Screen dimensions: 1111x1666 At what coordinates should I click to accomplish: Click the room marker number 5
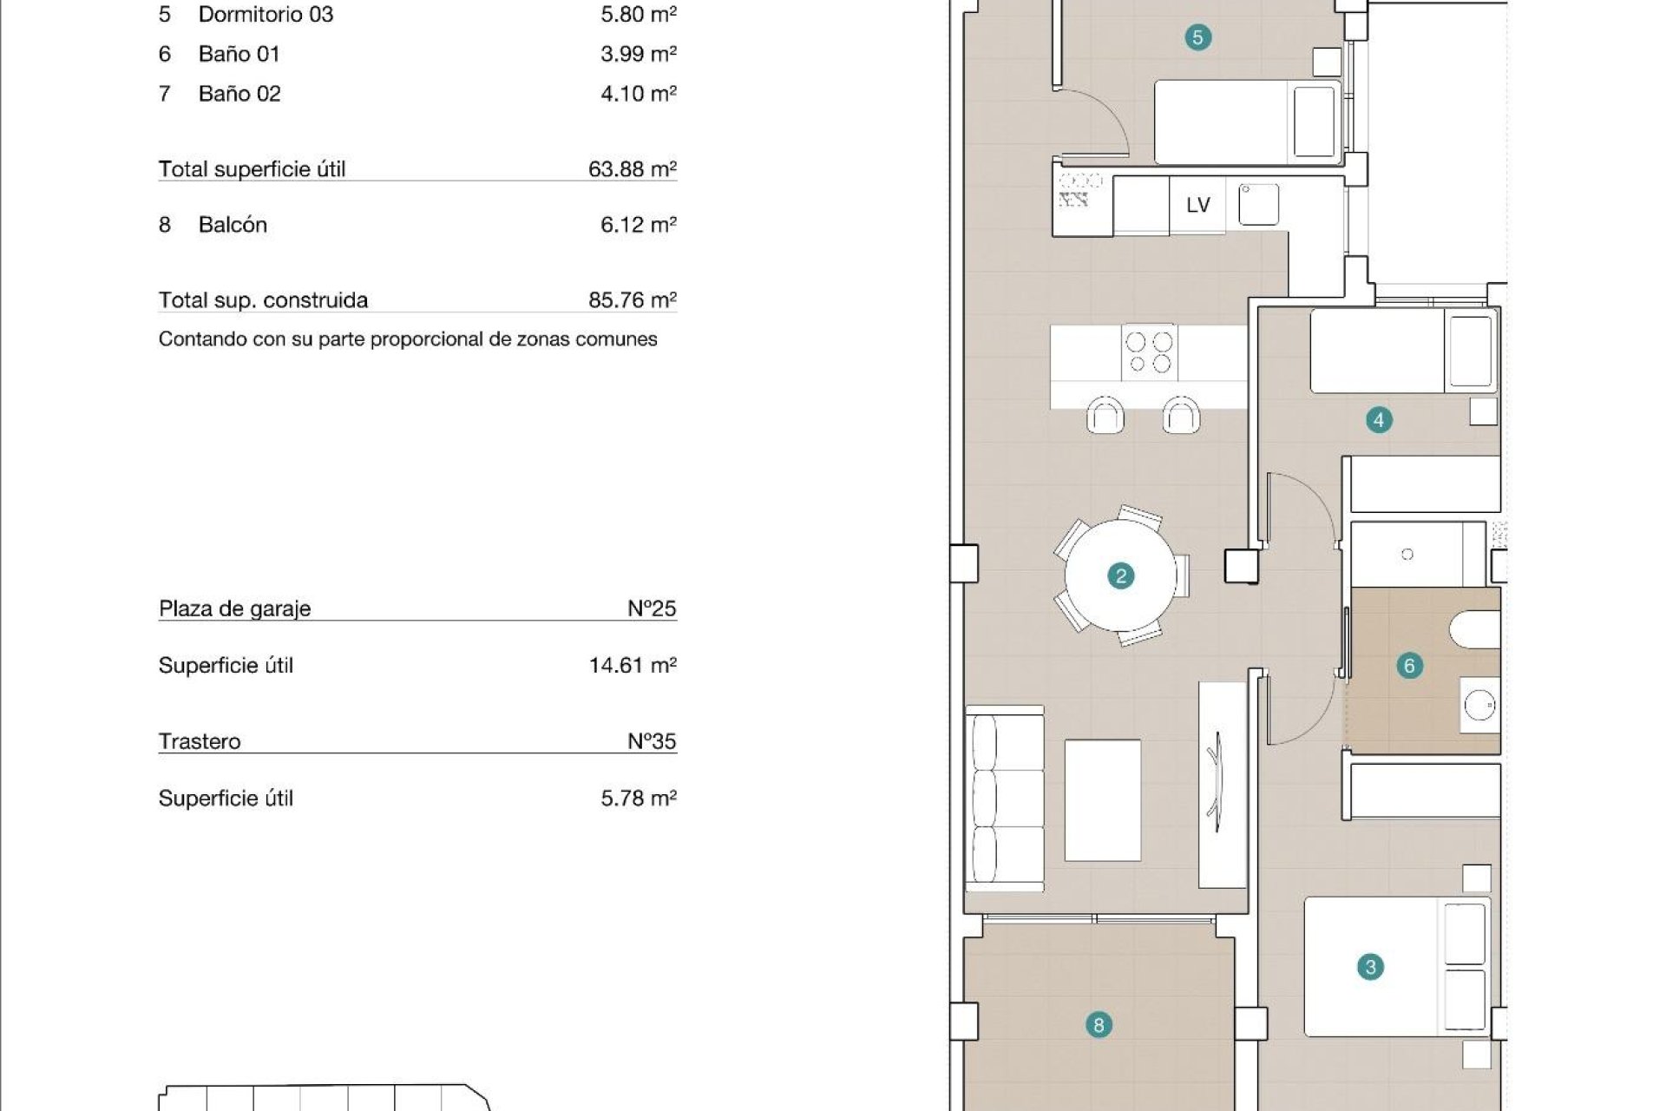(x=1197, y=37)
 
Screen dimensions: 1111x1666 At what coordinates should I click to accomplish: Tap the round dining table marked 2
(x=1120, y=576)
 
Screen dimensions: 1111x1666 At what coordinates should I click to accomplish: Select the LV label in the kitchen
(x=1197, y=205)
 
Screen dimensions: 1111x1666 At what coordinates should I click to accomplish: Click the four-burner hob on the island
(x=1149, y=352)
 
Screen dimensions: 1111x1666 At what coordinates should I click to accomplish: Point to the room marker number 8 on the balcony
(x=1099, y=1025)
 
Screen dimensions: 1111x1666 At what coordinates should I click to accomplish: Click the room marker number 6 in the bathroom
(x=1408, y=666)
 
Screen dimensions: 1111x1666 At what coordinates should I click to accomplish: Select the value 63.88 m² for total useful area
(x=632, y=168)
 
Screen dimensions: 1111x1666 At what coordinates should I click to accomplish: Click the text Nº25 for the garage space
(x=652, y=608)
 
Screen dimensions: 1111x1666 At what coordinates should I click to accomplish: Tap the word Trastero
(x=200, y=741)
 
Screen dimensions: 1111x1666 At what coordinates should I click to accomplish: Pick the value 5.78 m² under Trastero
(x=638, y=798)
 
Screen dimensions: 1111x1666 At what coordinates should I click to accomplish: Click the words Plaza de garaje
(x=234, y=608)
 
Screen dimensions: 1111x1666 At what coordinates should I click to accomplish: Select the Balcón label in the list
(x=233, y=225)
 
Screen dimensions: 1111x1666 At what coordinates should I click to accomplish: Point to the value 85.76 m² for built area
(x=632, y=299)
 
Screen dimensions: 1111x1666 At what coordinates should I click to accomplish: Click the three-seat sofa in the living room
(x=1005, y=798)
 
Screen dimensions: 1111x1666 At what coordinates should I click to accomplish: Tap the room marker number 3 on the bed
(x=1370, y=967)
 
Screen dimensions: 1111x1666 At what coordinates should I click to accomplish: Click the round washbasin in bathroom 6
(x=1479, y=706)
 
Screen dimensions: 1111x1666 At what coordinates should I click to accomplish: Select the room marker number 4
(x=1379, y=420)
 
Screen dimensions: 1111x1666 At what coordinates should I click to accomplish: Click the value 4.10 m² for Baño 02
(x=638, y=94)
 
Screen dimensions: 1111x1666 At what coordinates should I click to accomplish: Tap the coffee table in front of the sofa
(x=1102, y=799)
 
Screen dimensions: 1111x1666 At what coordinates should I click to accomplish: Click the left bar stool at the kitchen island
(x=1105, y=416)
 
